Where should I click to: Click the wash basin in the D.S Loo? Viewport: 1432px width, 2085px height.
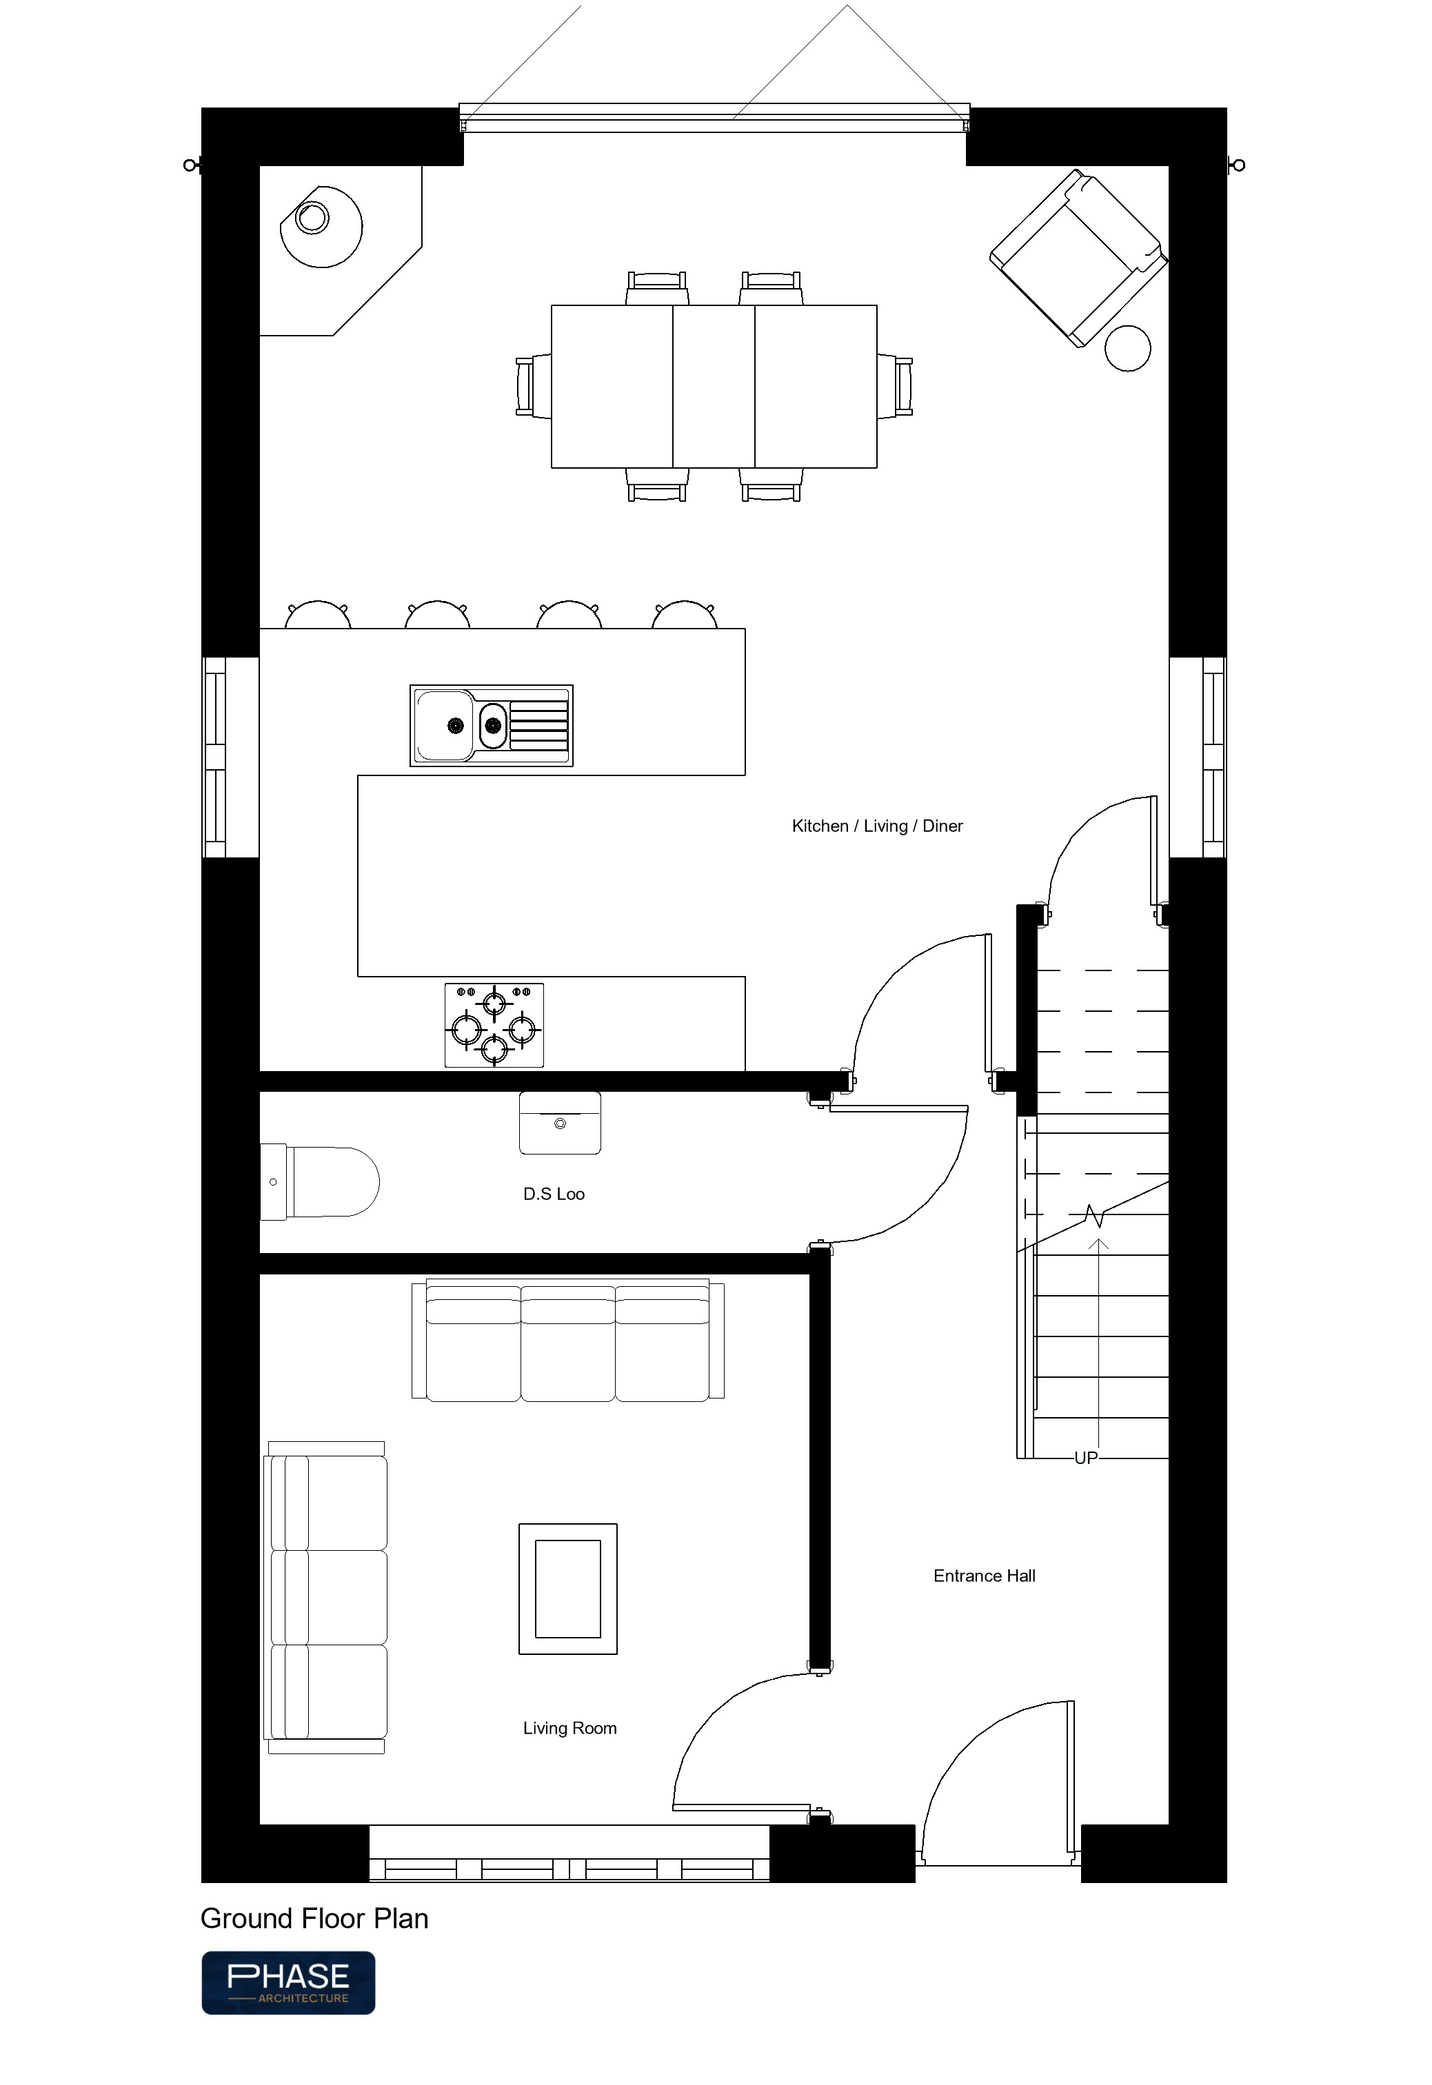tap(560, 1122)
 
